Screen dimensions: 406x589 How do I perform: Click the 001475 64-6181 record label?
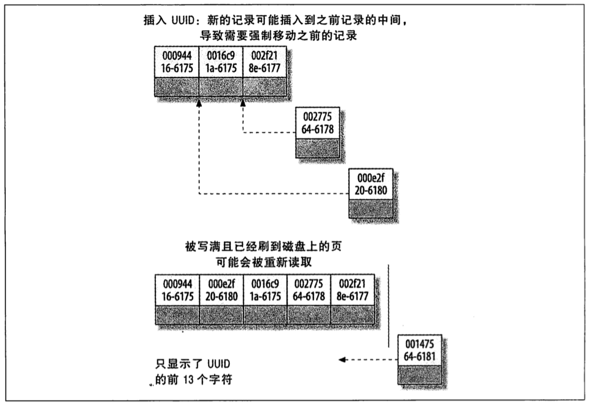420,349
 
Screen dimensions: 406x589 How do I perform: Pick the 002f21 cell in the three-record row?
265,62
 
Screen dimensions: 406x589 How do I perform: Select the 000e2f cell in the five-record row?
221,291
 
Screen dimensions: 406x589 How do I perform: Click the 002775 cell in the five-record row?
309,291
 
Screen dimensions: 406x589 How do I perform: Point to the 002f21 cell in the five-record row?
353,291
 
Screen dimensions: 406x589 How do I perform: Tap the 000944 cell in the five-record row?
177,291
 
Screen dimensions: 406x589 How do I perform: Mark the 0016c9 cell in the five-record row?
265,291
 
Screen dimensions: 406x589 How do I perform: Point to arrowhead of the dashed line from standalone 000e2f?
199,103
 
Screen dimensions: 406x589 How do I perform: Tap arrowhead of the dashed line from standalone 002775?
243,103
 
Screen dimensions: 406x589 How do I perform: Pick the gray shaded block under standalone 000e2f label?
370,209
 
